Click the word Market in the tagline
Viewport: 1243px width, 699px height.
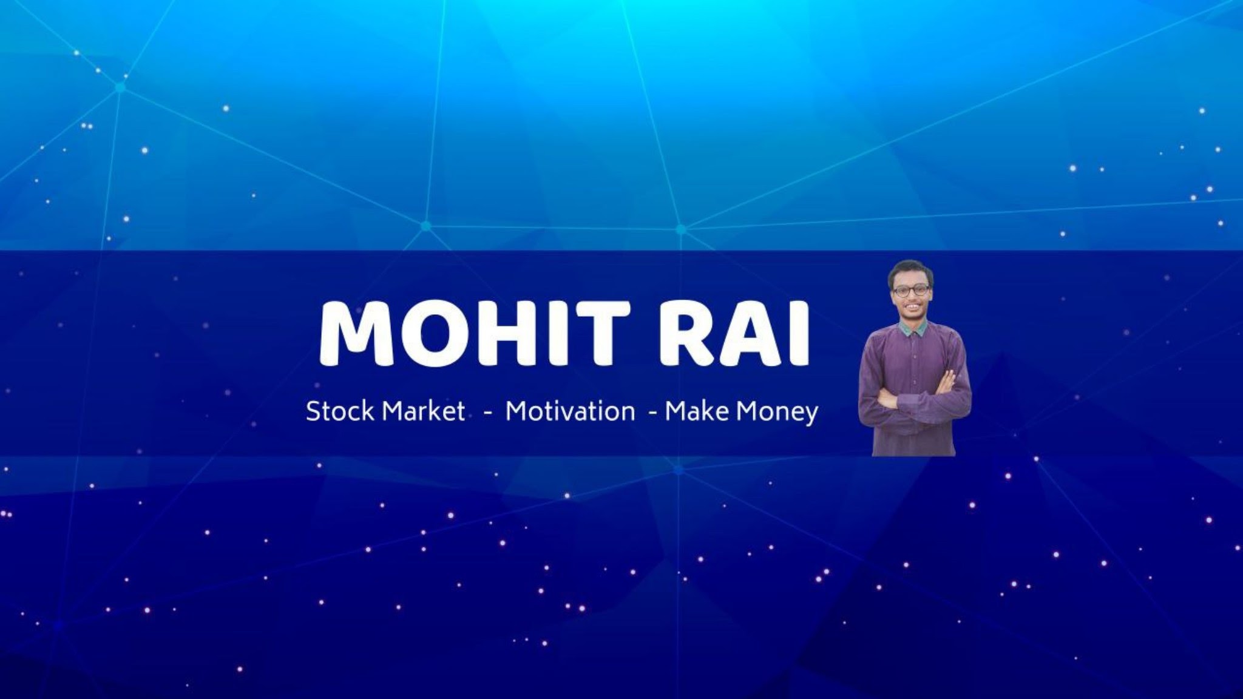point(424,411)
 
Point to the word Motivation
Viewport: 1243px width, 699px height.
point(570,411)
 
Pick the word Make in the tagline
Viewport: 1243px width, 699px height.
point(697,411)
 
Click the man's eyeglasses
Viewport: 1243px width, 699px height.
point(910,290)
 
